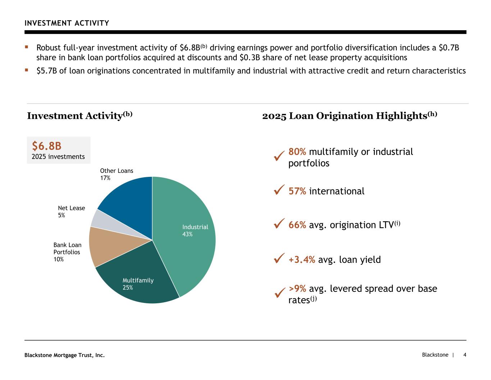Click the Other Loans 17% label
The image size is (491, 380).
click(x=116, y=174)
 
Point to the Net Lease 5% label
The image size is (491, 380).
click(x=71, y=212)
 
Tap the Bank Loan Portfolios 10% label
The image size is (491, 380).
click(x=67, y=252)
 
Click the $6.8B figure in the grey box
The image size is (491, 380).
click(x=47, y=146)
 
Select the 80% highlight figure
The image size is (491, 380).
click(x=297, y=152)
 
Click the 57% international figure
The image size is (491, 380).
click(x=297, y=191)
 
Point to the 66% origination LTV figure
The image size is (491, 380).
click(x=297, y=225)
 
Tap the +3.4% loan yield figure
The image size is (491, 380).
click(x=302, y=260)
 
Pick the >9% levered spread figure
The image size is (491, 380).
click(x=297, y=289)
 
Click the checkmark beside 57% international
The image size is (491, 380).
click(x=279, y=190)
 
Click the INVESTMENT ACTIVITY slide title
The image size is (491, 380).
click(x=67, y=23)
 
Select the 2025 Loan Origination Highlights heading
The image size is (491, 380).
click(x=349, y=116)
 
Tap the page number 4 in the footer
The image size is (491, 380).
click(x=465, y=355)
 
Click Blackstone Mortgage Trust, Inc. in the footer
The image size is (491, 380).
click(x=64, y=356)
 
